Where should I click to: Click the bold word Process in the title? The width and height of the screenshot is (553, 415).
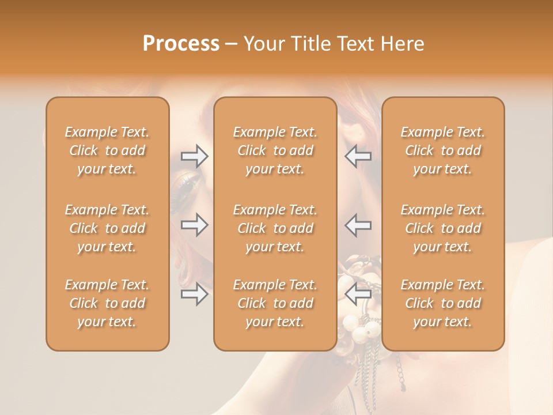tap(181, 44)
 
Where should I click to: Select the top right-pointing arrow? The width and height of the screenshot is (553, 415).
tap(194, 156)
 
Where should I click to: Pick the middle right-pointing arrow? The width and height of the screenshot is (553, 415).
tap(194, 225)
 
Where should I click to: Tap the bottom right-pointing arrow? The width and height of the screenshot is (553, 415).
tap(194, 295)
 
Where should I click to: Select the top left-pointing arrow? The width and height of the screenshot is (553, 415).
tap(358, 156)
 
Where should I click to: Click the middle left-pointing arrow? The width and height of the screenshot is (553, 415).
tap(358, 225)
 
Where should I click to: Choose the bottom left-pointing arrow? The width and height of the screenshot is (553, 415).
tap(358, 295)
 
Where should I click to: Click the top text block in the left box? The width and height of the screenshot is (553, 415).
tap(107, 150)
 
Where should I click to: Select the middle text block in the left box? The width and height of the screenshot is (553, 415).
tap(107, 228)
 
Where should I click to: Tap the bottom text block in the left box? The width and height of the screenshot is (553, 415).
tap(107, 303)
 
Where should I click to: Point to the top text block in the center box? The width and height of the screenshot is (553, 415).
tap(275, 150)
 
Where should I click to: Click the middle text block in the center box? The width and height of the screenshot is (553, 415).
tap(275, 228)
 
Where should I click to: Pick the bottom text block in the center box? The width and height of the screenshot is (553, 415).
tap(275, 303)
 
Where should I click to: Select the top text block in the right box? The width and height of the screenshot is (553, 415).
tap(442, 150)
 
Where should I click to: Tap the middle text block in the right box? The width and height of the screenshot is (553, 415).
tap(442, 228)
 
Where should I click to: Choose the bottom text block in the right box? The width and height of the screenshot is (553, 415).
tap(442, 303)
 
